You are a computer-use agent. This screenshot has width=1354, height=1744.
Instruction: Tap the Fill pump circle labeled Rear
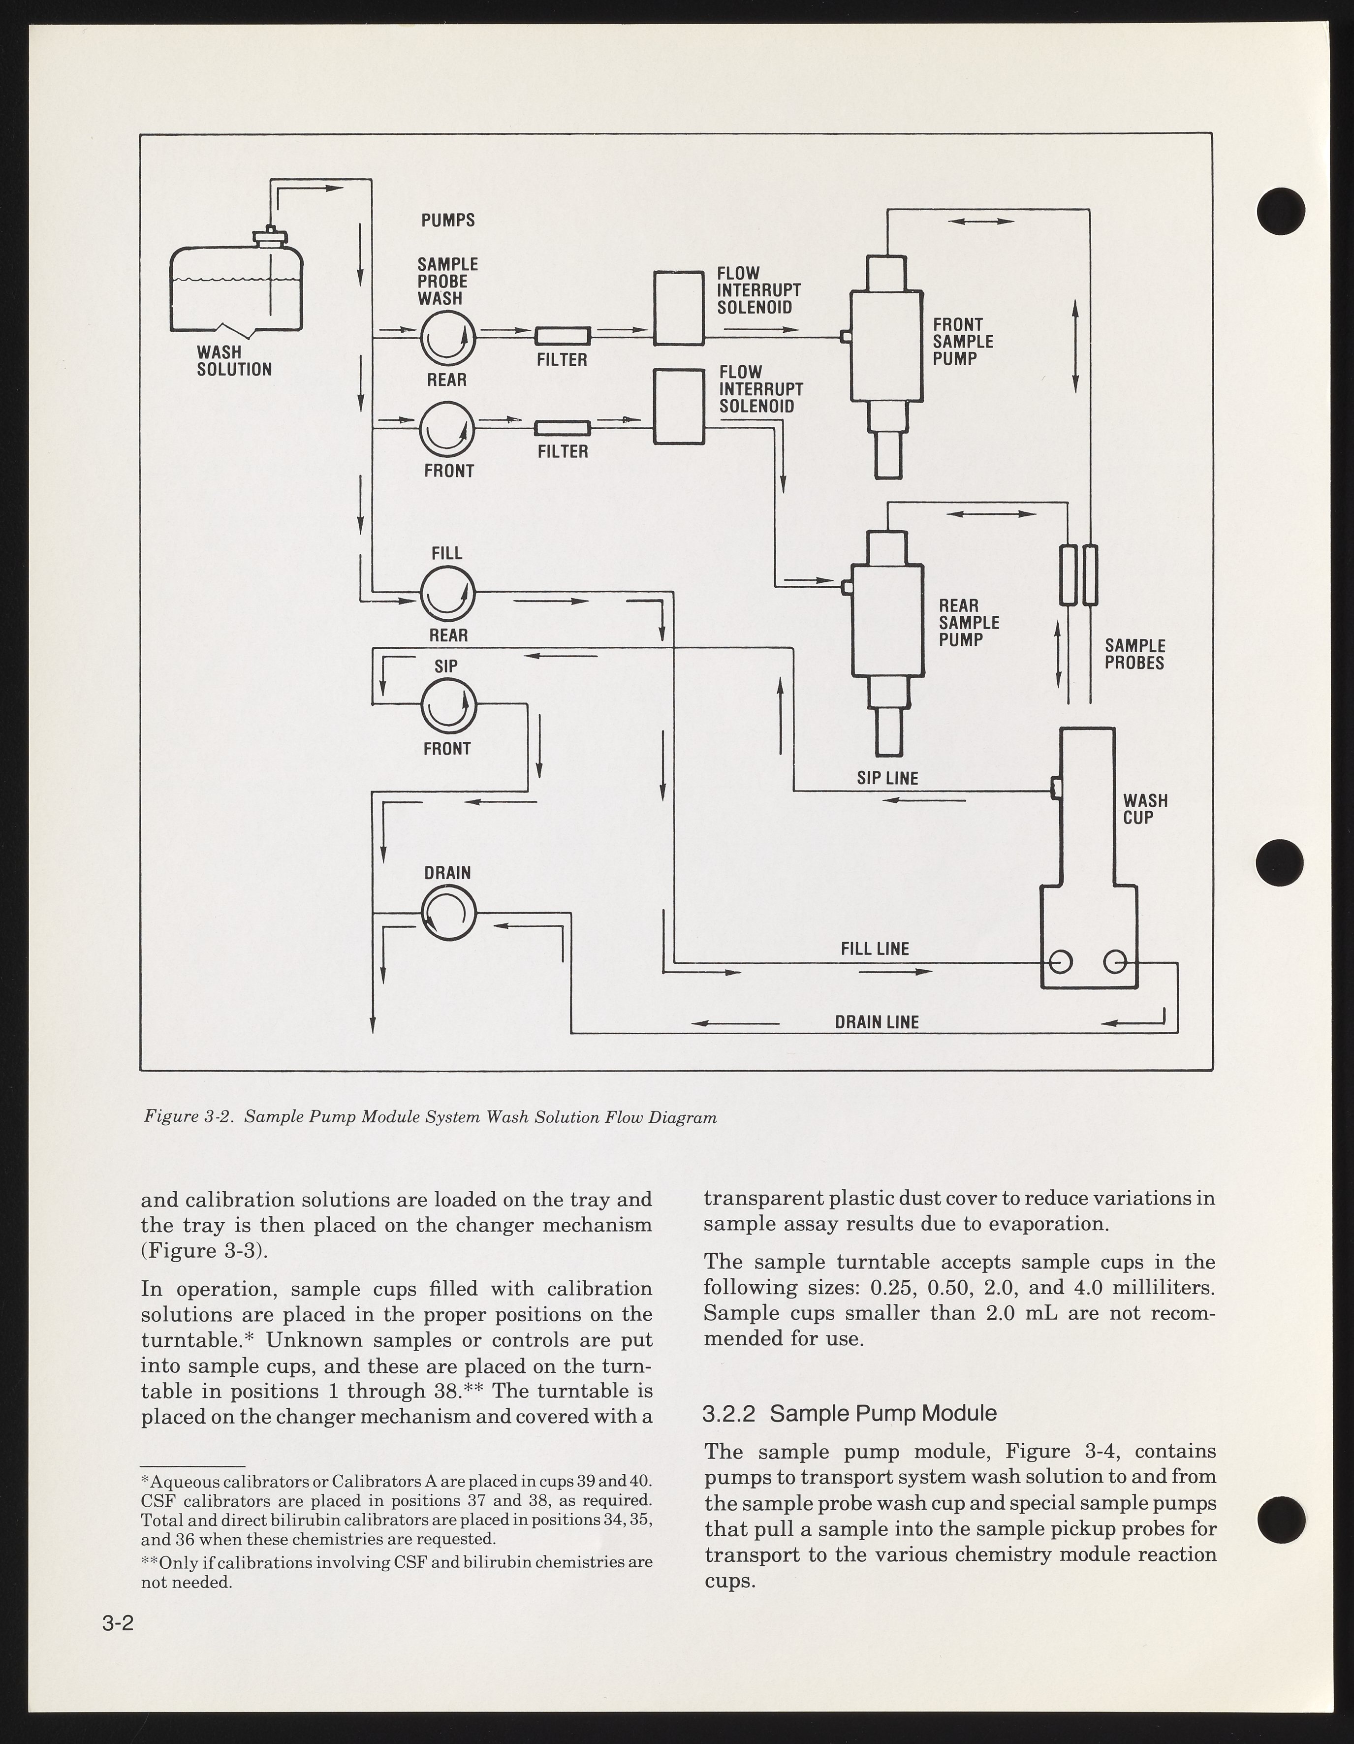click(448, 593)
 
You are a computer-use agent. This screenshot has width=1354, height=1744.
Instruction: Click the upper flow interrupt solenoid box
click(679, 308)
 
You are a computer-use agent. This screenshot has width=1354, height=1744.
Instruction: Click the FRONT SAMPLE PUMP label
click(963, 342)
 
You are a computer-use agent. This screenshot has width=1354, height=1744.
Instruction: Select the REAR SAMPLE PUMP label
click(969, 623)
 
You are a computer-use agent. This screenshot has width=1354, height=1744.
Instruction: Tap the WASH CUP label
click(1145, 809)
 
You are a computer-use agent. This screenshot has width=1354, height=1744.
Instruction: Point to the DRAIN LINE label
click(877, 1022)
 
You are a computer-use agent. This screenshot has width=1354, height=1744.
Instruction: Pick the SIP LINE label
click(887, 778)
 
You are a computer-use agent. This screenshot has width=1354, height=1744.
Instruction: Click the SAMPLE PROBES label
click(1134, 654)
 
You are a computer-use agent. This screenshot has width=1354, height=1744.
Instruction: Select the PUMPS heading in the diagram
click(448, 220)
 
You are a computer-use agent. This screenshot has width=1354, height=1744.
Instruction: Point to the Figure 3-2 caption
click(430, 1117)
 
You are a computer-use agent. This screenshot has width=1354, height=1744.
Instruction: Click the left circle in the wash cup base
click(1060, 962)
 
